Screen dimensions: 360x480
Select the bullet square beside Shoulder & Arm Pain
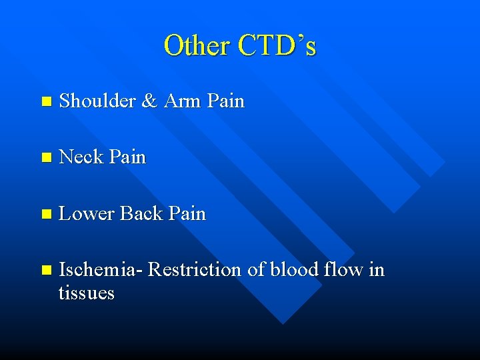(x=45, y=102)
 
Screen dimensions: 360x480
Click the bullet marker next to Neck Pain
(x=45, y=158)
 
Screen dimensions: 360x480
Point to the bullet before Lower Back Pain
(x=45, y=215)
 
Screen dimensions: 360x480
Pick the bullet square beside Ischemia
(x=45, y=271)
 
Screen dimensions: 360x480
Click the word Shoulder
(x=97, y=101)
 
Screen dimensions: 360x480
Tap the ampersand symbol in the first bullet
(x=150, y=101)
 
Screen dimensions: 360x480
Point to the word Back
(x=142, y=214)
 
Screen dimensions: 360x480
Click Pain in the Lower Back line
(x=187, y=214)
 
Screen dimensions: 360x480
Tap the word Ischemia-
(x=101, y=270)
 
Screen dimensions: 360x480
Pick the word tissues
(x=87, y=293)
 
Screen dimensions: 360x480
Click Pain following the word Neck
(x=127, y=157)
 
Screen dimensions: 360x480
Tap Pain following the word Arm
(x=226, y=101)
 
